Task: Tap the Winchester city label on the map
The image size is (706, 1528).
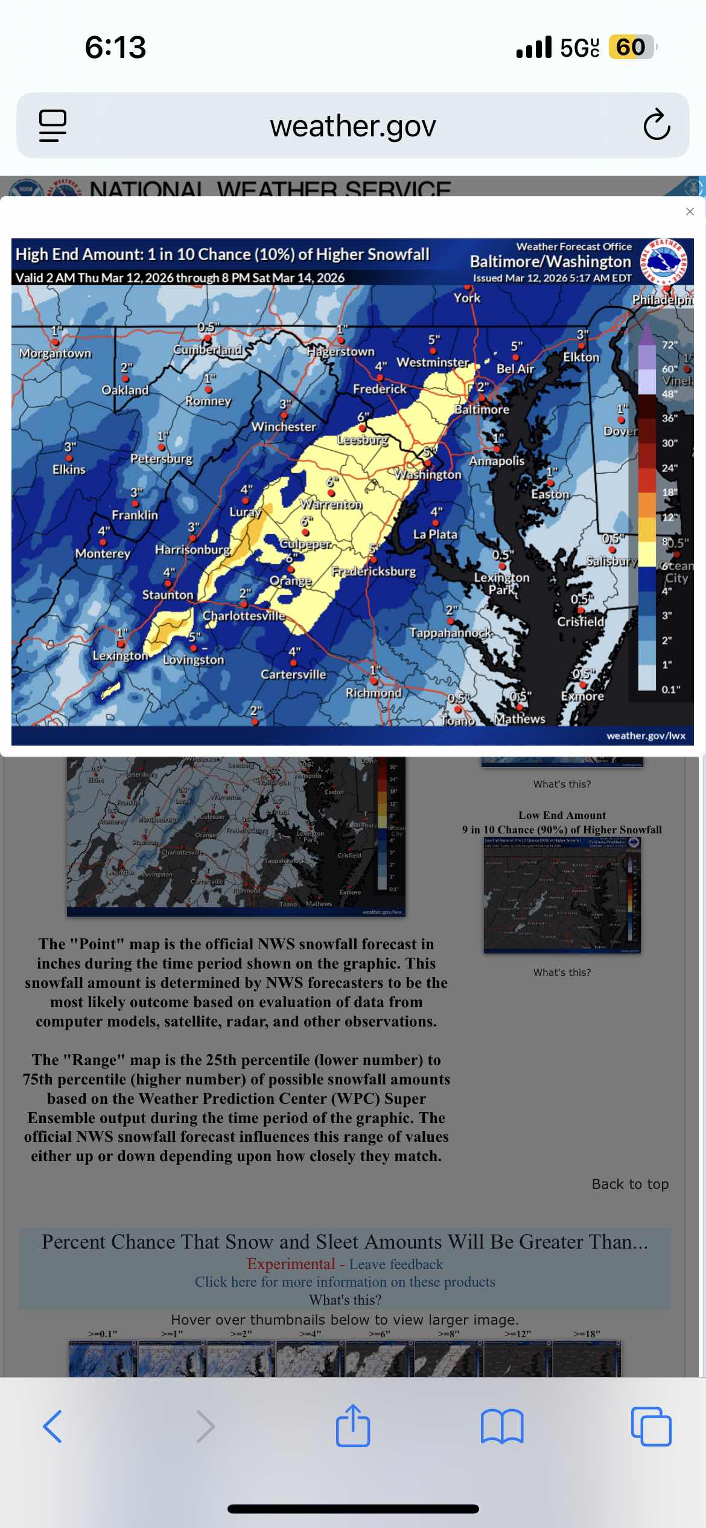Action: (x=284, y=427)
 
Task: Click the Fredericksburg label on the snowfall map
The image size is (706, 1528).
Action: (x=374, y=571)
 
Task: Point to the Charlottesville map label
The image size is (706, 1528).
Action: (x=244, y=616)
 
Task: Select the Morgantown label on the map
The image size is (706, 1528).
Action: (x=55, y=353)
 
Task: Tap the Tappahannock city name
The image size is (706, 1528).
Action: (x=451, y=632)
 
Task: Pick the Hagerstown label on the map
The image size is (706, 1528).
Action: (x=340, y=351)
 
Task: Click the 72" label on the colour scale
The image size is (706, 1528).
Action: (x=669, y=345)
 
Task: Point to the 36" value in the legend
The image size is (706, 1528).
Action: (x=669, y=418)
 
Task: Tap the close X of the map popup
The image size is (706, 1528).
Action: (x=690, y=211)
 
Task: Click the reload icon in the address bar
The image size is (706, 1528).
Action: (x=657, y=126)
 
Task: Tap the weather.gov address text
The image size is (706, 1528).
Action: (x=353, y=126)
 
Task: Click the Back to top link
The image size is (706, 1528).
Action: (x=630, y=1184)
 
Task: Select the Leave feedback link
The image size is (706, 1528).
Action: (x=396, y=1264)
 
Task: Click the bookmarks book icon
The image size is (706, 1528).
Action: (x=502, y=1427)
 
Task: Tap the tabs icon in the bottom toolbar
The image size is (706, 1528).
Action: (x=650, y=1427)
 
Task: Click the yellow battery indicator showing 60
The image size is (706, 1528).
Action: (x=631, y=47)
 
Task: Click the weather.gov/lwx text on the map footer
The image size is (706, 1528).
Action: (x=646, y=736)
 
